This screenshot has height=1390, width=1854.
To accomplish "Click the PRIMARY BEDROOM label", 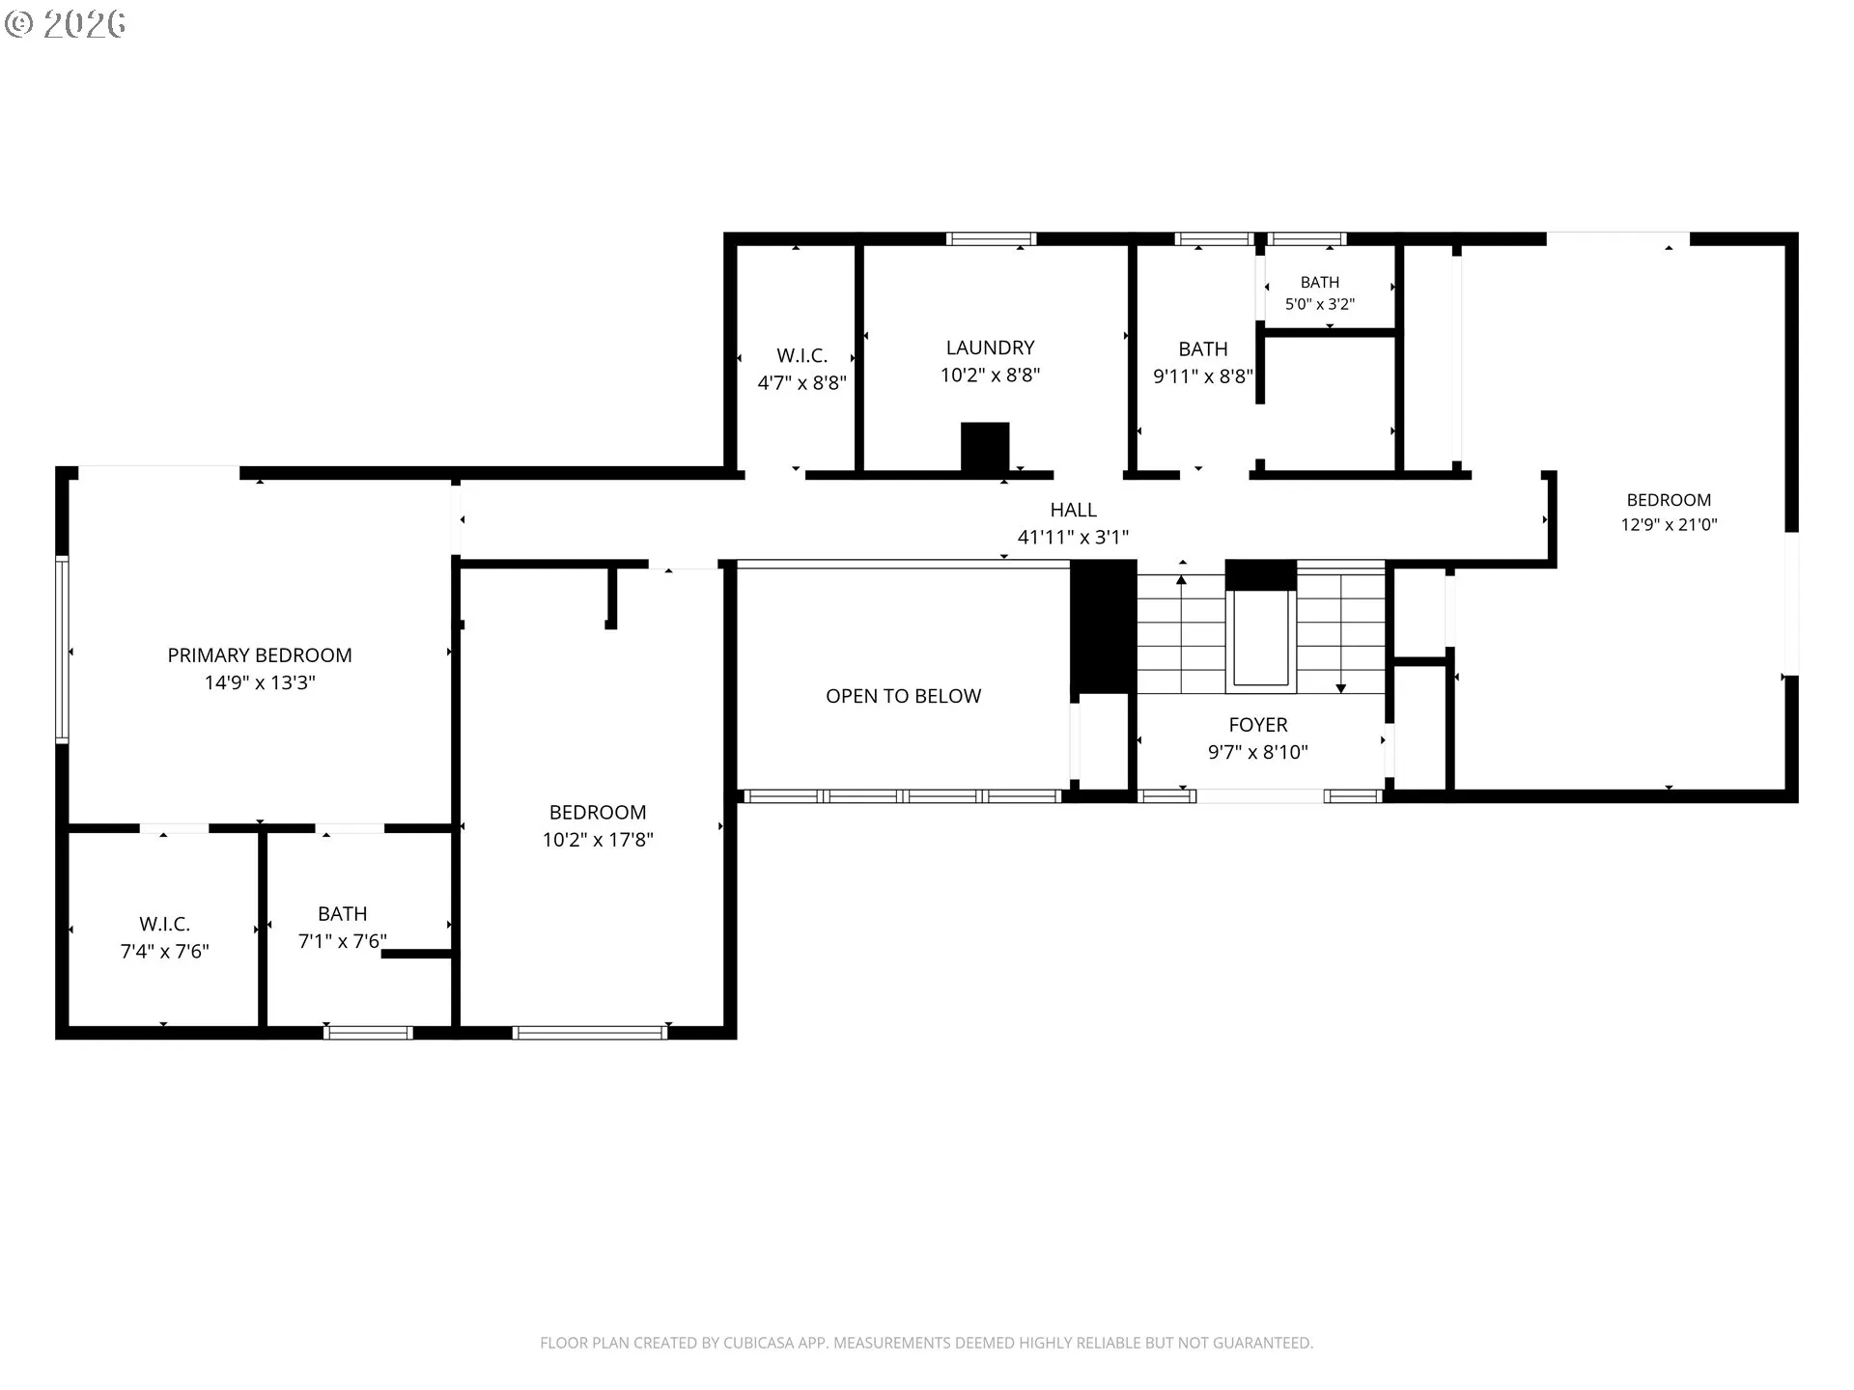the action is (260, 655).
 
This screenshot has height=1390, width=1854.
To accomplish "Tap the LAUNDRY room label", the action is (990, 347).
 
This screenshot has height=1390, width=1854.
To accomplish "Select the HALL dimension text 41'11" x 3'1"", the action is (1073, 537).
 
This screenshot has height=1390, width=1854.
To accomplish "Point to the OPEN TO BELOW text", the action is (903, 696).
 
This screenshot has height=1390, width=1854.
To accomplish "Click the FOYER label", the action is (1258, 725).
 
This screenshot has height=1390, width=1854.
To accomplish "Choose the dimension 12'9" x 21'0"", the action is (1669, 525).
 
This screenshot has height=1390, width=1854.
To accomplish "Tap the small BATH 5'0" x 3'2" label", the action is (1320, 293).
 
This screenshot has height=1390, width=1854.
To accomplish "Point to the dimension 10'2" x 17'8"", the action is (598, 840).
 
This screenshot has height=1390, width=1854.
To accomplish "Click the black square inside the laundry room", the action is (985, 447).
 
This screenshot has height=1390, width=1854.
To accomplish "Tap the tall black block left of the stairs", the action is (1103, 626).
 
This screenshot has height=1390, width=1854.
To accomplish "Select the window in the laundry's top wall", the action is (991, 238).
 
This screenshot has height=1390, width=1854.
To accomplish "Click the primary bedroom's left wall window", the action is (62, 649).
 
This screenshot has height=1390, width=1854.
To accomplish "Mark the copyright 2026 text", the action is (66, 24).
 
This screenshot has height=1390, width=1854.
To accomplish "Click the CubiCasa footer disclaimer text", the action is (927, 1343).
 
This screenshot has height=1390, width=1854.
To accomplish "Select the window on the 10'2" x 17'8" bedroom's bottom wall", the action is (590, 1033).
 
